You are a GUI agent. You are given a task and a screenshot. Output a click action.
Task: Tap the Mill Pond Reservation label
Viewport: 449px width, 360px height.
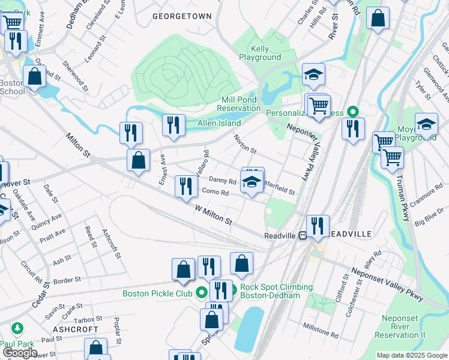(239, 103)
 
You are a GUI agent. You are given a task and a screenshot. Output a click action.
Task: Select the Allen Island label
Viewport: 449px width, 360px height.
(219, 123)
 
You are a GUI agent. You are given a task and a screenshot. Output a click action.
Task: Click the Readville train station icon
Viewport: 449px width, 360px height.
(303, 235)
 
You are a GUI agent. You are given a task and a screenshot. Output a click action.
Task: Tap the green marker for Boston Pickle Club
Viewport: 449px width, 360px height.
(201, 293)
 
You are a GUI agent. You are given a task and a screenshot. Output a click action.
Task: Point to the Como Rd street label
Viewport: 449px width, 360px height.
(215, 193)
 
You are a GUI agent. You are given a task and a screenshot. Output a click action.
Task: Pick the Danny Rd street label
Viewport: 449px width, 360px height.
(223, 180)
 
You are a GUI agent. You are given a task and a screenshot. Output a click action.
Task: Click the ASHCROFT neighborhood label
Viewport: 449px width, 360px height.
(75, 329)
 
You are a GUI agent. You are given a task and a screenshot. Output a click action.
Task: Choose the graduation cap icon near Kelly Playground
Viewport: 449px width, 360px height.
(313, 74)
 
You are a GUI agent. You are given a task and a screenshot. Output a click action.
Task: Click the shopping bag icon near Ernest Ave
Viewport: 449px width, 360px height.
(139, 160)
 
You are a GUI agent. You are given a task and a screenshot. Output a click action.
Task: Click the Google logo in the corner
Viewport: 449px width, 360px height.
(19, 353)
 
